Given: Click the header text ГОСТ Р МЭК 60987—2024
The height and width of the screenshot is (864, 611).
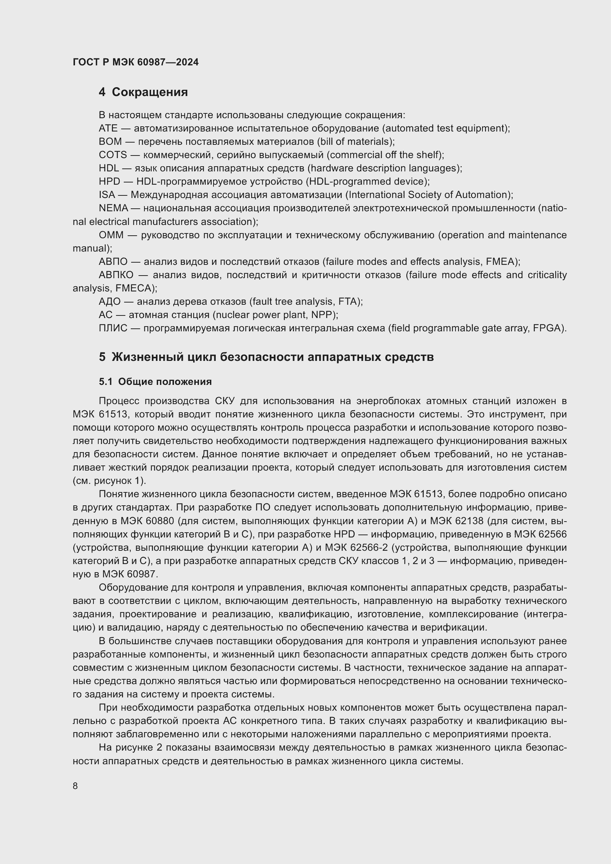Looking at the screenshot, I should [136, 62].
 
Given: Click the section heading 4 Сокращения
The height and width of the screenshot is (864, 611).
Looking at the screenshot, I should [143, 92].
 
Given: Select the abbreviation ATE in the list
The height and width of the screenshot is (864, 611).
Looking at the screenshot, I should [108, 128].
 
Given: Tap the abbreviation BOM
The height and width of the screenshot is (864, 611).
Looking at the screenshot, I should [110, 141].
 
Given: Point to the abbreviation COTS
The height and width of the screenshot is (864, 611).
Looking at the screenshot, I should [113, 155].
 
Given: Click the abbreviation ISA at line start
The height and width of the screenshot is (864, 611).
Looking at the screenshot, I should [107, 195].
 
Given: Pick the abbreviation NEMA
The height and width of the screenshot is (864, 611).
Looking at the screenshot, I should [114, 208].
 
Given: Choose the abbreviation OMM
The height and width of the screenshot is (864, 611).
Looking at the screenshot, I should [111, 235].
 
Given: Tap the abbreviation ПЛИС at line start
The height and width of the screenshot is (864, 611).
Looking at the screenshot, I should [113, 328].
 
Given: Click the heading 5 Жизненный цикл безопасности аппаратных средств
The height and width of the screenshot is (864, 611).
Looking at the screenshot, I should [266, 357].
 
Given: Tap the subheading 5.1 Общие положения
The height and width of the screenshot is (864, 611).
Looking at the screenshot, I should [155, 382].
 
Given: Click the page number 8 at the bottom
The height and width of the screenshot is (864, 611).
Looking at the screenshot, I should [75, 786].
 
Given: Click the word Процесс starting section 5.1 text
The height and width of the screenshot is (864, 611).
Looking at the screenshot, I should [119, 401].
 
